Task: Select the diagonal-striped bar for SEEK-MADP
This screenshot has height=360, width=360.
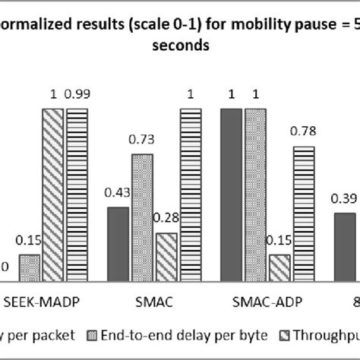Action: pos(52,193)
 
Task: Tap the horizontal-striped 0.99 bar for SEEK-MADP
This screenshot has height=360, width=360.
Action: pos(77,194)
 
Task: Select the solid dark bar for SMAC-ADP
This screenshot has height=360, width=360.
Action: pos(232,193)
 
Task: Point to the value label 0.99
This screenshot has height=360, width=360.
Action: pos(77,94)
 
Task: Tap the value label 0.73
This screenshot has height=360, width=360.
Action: pos(142,140)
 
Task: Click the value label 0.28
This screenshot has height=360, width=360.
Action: pos(166,219)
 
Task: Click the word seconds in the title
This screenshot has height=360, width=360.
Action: pos(179,46)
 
